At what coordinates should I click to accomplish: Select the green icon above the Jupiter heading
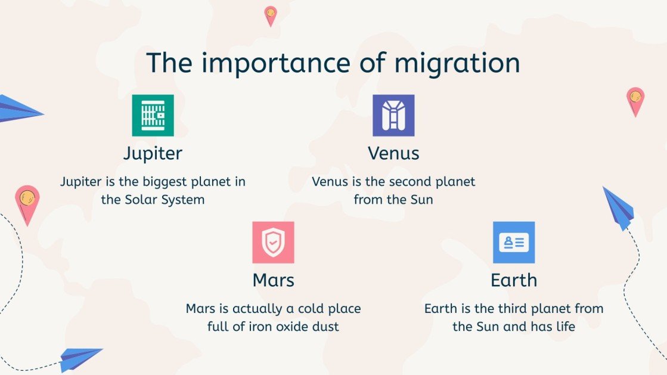(153, 115)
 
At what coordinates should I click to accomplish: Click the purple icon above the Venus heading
(393, 115)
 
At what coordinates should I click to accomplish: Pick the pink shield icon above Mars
(273, 242)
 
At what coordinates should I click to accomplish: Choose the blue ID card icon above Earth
(514, 242)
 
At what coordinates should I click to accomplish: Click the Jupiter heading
(153, 153)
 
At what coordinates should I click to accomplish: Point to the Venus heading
(393, 153)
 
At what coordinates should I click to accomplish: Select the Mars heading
(273, 280)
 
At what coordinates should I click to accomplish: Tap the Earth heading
(514, 280)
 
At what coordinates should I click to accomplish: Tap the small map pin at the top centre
(271, 15)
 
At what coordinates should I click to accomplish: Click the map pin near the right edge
(635, 100)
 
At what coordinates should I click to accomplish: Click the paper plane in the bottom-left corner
(80, 358)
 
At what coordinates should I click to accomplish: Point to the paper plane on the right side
(619, 207)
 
